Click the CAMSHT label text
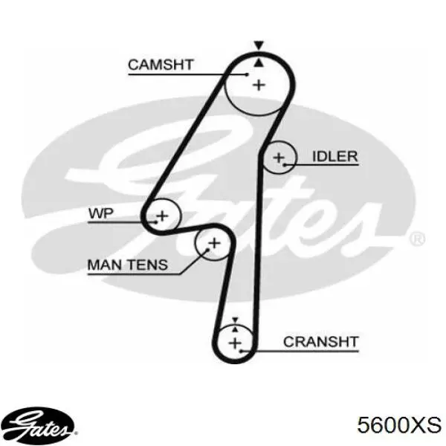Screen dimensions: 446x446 [161, 65]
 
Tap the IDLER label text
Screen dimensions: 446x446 [335, 156]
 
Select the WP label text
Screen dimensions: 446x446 [101, 213]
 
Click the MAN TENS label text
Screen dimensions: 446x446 [128, 265]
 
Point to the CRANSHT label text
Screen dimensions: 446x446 [321, 342]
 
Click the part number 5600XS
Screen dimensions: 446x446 [399, 425]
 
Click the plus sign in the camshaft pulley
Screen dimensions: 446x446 [259, 85]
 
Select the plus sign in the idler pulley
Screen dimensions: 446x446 [279, 158]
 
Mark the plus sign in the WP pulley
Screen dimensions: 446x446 [162, 216]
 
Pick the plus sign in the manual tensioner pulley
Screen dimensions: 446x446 [215, 243]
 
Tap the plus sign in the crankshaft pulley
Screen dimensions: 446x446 [235, 343]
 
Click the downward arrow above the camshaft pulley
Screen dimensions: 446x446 [259, 45]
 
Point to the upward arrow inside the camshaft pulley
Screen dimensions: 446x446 [259, 63]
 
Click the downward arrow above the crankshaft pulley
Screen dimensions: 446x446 [235, 320]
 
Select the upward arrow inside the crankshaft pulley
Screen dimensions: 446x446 [235, 329]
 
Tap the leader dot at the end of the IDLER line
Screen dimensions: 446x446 [284, 165]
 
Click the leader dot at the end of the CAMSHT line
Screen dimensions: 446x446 [248, 74]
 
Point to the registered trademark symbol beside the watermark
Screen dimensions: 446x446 [417, 239]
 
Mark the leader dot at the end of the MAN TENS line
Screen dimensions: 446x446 [208, 250]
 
